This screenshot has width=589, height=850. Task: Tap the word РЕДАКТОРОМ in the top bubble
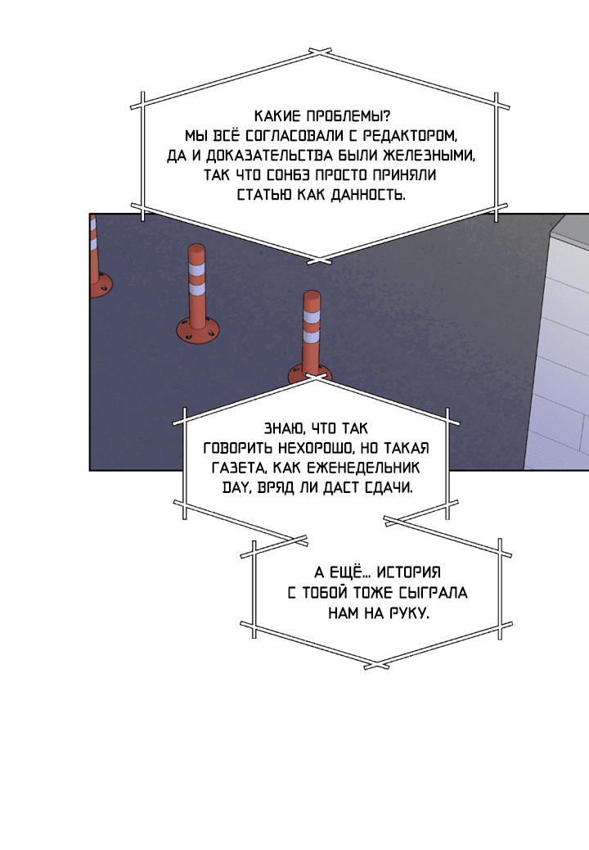(x=410, y=135)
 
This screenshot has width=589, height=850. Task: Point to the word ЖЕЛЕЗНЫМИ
(x=429, y=156)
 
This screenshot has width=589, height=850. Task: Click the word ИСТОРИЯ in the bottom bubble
(x=409, y=572)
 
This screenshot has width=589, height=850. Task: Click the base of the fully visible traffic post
(x=198, y=329)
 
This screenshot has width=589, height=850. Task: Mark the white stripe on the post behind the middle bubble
(x=312, y=316)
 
